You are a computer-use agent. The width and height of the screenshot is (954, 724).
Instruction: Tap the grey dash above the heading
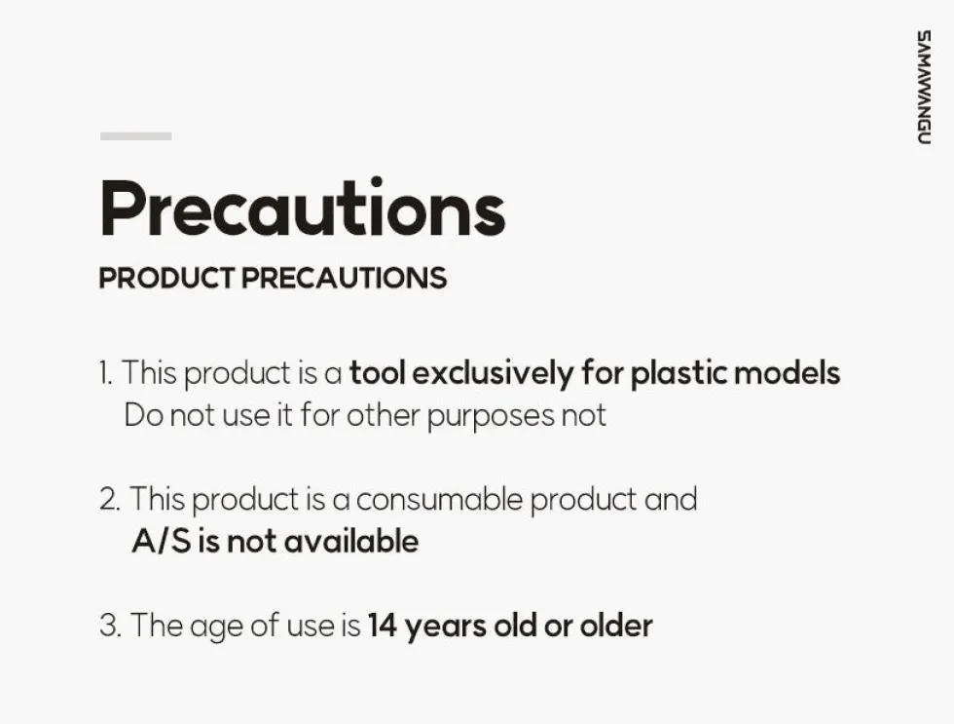(x=135, y=136)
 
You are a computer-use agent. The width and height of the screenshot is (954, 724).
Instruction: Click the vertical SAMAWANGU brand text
(x=924, y=87)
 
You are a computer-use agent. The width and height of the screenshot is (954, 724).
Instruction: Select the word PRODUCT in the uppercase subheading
(x=166, y=279)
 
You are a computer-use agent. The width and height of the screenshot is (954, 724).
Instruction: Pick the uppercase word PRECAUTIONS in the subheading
(x=345, y=279)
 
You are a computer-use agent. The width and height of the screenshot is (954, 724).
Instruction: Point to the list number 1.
(x=105, y=372)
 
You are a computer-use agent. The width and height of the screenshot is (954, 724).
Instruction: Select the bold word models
(x=788, y=372)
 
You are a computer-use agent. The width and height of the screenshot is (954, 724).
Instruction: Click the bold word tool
(x=378, y=372)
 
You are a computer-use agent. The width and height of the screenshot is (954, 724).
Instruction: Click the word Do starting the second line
(x=144, y=416)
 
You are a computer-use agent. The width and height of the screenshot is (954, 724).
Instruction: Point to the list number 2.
(x=110, y=499)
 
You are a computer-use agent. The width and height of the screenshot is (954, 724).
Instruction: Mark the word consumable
(x=439, y=499)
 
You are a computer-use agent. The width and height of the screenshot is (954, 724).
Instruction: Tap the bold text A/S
(x=162, y=542)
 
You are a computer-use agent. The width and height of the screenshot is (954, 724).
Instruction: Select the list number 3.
(x=110, y=626)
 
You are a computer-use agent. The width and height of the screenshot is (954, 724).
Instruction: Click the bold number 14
(x=383, y=626)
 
